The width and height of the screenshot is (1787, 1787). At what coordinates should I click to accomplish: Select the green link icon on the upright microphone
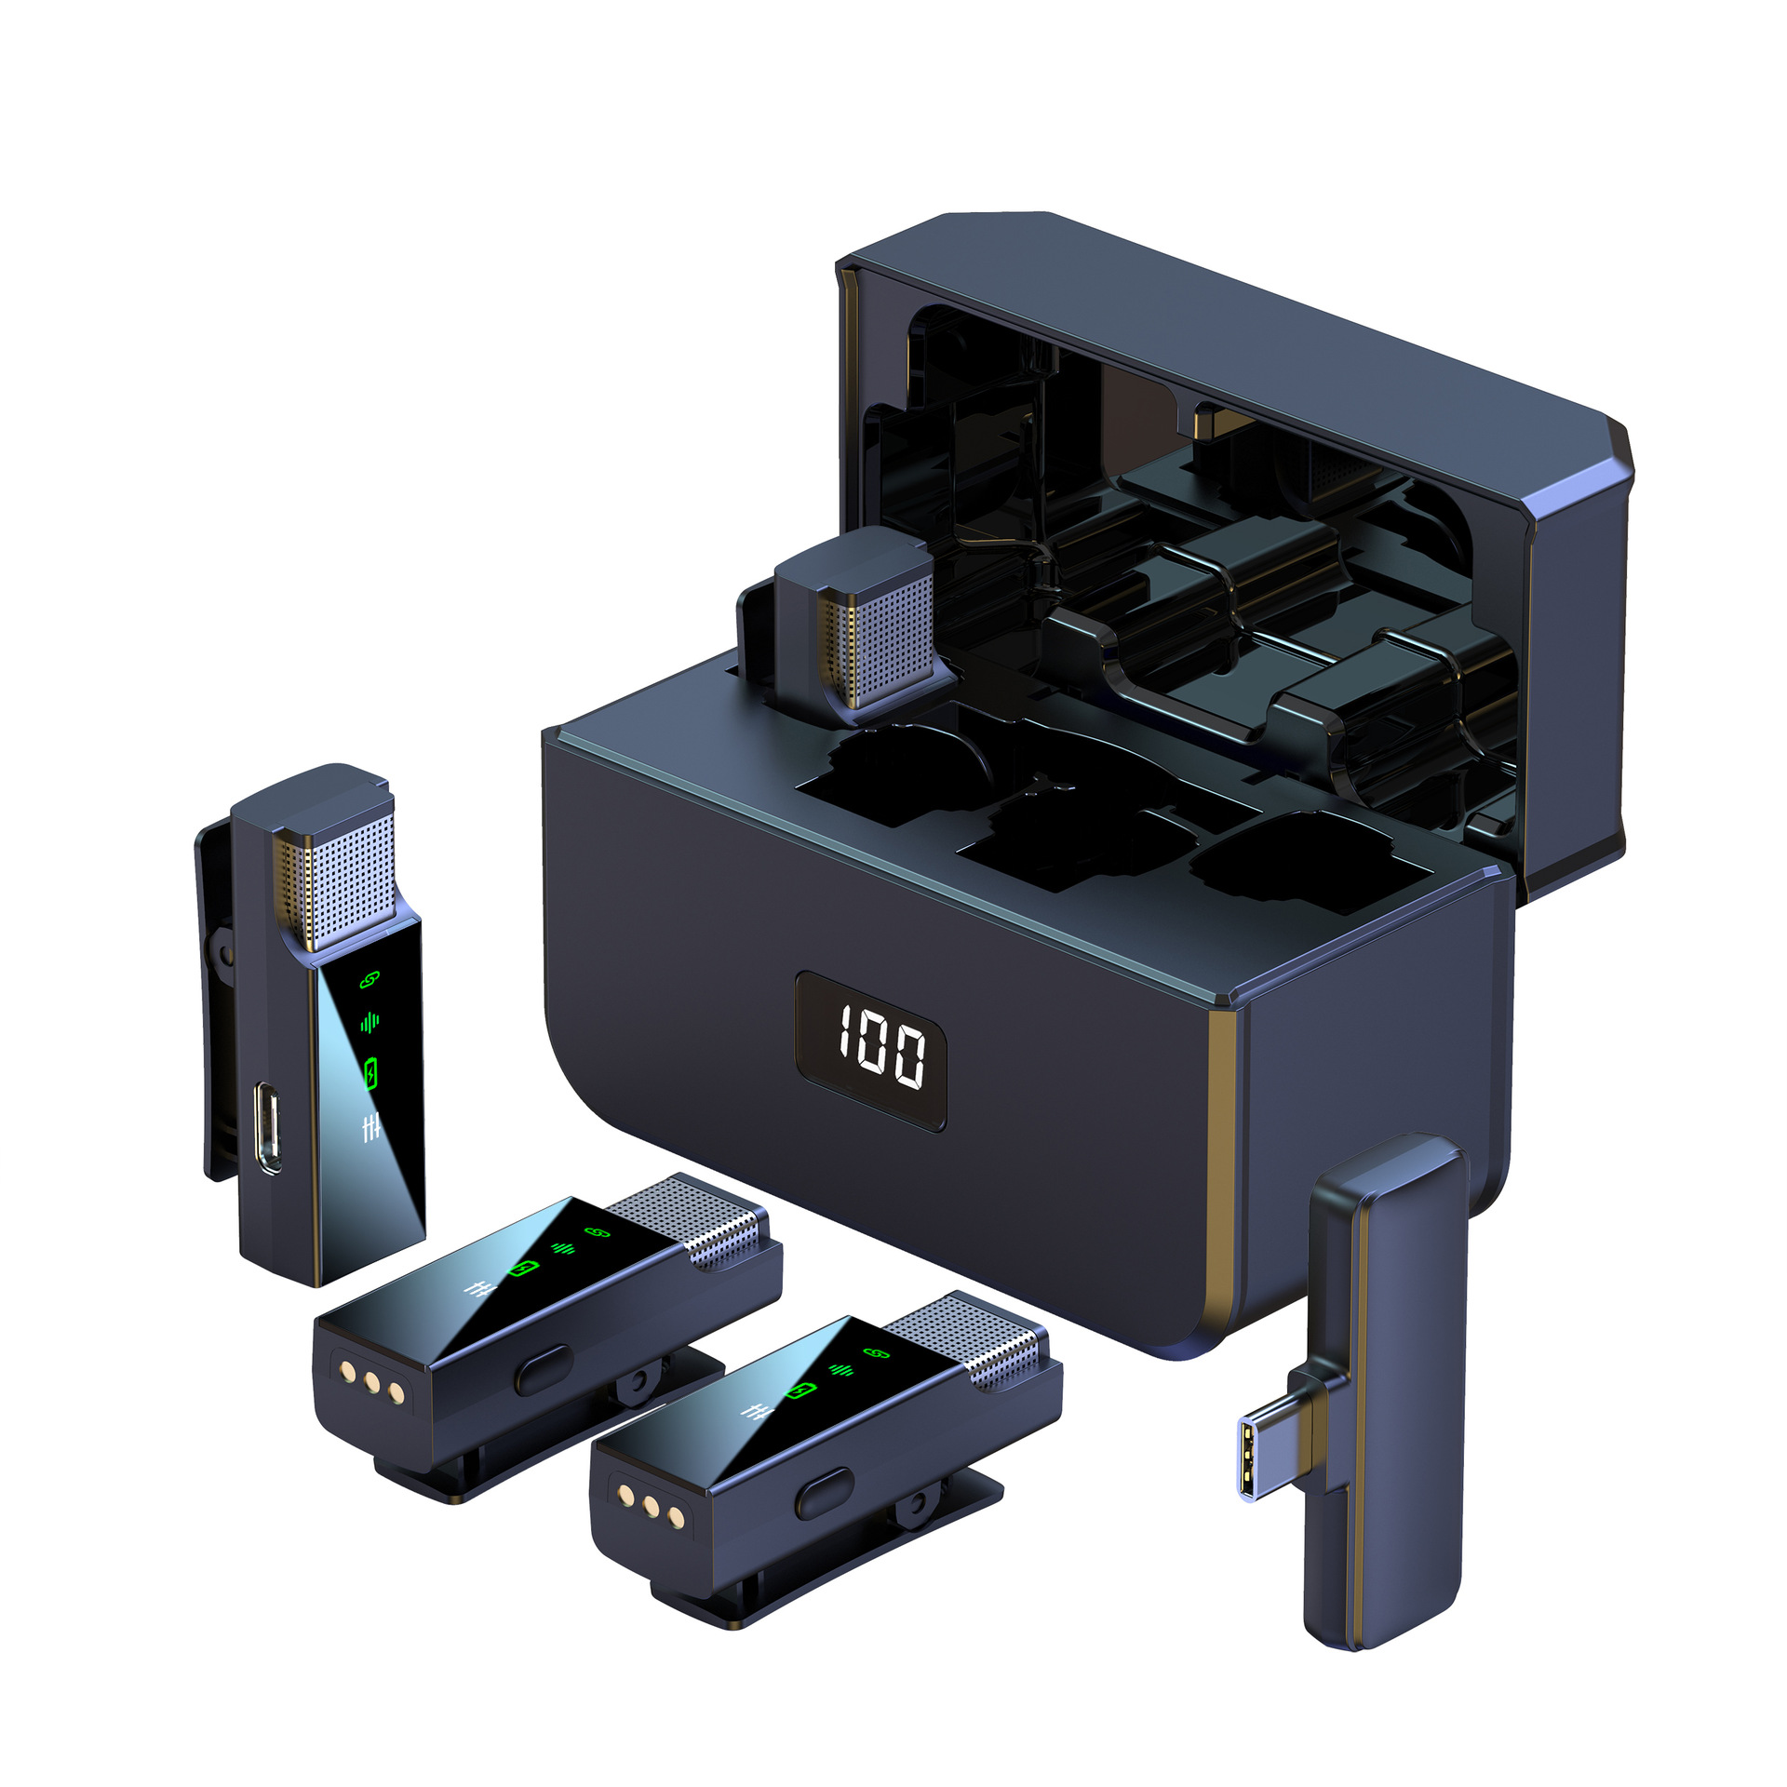tap(369, 979)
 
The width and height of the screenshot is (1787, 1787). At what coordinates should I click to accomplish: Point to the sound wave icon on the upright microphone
tap(369, 1023)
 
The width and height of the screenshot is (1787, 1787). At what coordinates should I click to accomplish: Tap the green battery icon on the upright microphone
tap(371, 1072)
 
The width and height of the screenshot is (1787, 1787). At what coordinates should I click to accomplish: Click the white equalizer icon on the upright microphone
tap(371, 1129)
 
